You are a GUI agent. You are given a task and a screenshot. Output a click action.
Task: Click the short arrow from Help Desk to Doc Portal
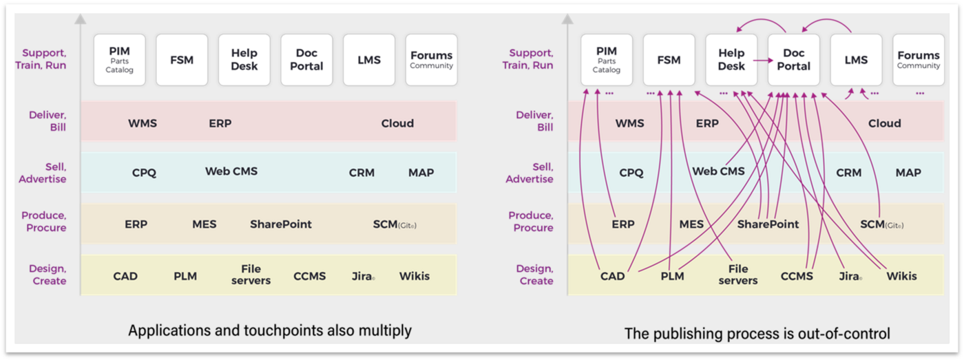[x=763, y=60]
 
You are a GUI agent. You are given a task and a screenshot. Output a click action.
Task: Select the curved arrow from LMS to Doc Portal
[x=826, y=20]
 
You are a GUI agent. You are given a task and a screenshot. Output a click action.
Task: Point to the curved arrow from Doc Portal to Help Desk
[x=761, y=20]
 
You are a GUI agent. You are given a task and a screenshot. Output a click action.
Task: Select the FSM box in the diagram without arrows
[x=182, y=60]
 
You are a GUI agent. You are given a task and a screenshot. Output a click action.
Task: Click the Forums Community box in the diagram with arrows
[x=919, y=60]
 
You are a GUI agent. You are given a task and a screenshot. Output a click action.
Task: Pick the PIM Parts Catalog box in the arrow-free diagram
[x=119, y=60]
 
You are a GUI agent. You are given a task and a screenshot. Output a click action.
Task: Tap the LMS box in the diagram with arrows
[x=856, y=60]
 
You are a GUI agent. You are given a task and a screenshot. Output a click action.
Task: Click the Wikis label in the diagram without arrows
[x=415, y=276]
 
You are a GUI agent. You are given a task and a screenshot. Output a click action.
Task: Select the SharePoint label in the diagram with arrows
[x=768, y=224]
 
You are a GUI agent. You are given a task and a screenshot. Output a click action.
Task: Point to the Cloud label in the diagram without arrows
[x=397, y=123]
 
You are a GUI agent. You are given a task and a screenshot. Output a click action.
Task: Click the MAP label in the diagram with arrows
[x=908, y=173]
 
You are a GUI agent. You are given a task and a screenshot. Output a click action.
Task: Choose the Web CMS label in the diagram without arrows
[x=231, y=171]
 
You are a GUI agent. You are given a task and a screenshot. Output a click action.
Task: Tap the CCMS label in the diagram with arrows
[x=797, y=276]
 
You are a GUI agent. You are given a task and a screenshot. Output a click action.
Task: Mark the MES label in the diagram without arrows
[x=204, y=224]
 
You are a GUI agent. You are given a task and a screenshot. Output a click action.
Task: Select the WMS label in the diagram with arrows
[x=629, y=123]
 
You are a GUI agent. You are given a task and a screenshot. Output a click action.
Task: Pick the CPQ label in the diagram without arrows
[x=144, y=173]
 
